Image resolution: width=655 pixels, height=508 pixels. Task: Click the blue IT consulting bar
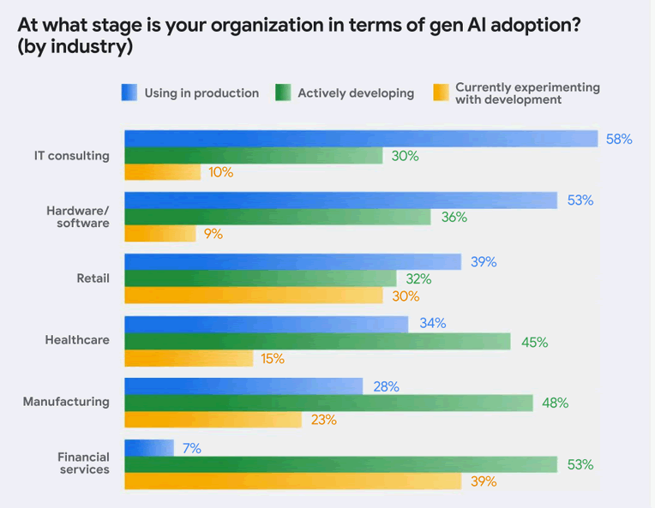pos(360,139)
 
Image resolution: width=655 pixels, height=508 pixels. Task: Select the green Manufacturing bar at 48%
pos(328,403)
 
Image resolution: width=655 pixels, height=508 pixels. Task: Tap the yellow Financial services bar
pos(292,481)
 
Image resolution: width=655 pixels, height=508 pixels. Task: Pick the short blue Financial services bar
pos(149,448)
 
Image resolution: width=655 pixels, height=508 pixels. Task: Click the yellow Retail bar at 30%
pos(253,296)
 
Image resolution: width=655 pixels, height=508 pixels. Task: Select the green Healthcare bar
pos(317,342)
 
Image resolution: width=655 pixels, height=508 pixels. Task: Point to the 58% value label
pos(618,139)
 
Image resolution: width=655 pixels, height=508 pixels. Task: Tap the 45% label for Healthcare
pos(534,342)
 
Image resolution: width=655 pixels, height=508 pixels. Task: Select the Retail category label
pos(93,278)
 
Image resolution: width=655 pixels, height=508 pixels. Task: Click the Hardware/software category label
pos(77,217)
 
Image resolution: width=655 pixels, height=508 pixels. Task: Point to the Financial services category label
pos(83,463)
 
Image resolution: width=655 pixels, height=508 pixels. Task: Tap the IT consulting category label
pos(72,156)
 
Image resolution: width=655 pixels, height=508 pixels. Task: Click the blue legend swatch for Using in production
pos(129,93)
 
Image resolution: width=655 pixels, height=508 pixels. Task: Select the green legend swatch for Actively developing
pos(283,93)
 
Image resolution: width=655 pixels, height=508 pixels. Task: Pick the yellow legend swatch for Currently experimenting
pos(442,93)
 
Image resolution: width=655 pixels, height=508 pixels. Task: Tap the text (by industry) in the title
pos(75,47)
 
